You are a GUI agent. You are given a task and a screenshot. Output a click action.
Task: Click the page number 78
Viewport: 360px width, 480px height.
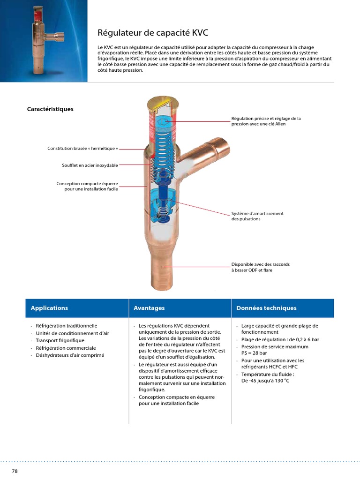(15, 471)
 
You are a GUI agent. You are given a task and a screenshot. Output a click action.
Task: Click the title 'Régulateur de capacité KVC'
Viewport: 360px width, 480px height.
(153, 33)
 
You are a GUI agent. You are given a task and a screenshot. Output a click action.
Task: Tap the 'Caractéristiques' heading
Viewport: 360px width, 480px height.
(50, 109)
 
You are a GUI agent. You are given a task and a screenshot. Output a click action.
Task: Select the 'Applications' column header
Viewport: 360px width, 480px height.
(49, 308)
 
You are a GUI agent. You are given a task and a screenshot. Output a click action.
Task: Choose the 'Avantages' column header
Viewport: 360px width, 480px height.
(149, 308)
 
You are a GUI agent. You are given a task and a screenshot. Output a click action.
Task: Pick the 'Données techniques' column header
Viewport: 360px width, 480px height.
(266, 308)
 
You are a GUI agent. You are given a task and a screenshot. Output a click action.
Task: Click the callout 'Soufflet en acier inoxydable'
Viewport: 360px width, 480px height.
(90, 165)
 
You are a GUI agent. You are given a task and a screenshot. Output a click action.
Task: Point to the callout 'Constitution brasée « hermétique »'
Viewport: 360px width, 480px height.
(82, 149)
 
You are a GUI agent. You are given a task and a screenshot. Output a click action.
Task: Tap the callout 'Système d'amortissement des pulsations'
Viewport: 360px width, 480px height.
(257, 216)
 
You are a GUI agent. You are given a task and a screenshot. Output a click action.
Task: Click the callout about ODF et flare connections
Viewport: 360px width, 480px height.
(261, 267)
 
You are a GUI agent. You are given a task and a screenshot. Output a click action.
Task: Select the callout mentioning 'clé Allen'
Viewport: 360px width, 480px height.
(266, 121)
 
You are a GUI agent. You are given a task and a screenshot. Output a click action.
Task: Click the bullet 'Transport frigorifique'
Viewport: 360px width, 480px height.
(60, 340)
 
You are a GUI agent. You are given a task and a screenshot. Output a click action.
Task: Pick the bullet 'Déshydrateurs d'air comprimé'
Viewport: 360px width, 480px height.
(70, 355)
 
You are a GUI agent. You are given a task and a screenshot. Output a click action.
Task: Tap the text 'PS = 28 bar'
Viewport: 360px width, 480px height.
(254, 353)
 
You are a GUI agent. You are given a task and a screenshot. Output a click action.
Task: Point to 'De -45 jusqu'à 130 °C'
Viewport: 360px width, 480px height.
(265, 381)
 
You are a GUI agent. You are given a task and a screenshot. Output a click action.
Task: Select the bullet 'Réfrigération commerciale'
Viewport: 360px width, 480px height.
(66, 348)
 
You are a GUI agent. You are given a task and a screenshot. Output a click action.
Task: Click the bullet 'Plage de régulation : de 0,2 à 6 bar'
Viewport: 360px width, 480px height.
(280, 339)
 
